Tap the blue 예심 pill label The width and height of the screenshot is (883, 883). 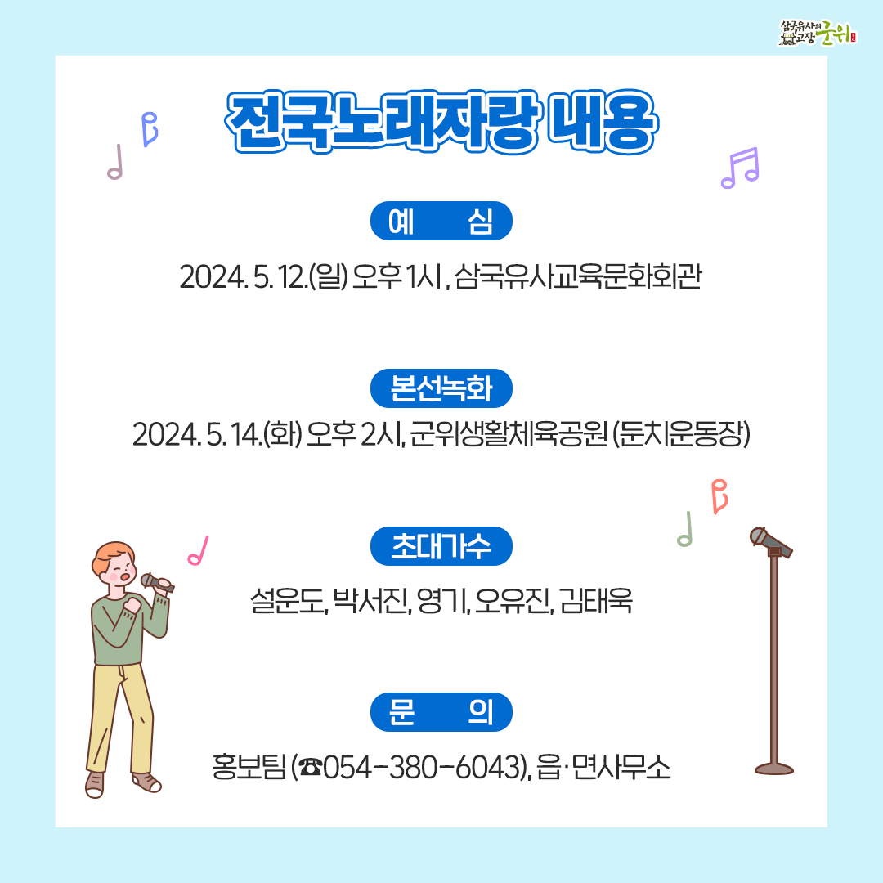point(441,221)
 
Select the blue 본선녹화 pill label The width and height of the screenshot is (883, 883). point(441,388)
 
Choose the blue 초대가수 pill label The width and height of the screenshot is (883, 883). point(441,546)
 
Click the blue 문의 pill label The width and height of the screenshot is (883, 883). point(441,712)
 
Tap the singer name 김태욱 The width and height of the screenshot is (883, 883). point(597,603)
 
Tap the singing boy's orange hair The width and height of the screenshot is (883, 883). point(111,556)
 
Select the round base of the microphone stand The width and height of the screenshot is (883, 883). point(774,768)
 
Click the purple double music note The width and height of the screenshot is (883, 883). point(740,168)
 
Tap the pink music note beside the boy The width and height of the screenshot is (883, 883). point(198,551)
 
